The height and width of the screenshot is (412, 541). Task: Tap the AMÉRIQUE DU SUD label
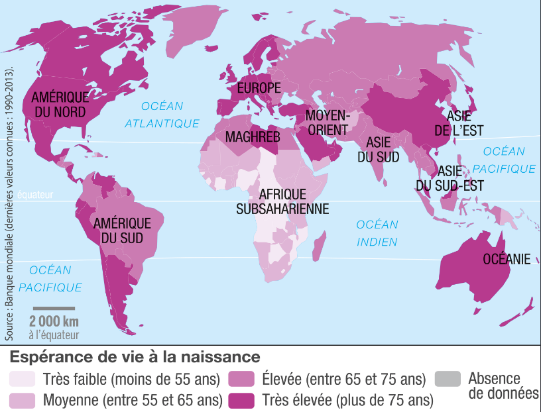point(122,230)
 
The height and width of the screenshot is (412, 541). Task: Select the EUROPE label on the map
point(259,88)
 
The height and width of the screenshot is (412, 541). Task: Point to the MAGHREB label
point(253,137)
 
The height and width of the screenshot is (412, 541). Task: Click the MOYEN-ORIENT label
point(327,123)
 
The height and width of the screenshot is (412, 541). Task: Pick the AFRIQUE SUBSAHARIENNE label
point(283,201)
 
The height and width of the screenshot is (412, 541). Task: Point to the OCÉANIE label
point(507,259)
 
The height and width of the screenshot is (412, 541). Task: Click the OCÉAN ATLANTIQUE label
point(162,115)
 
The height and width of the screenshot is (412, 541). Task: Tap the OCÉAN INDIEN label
point(377,233)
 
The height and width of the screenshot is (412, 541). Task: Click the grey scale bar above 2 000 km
point(54,308)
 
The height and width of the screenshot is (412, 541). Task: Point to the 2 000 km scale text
point(54,321)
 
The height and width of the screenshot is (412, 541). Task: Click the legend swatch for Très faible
point(22,379)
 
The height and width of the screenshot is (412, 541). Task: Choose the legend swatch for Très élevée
point(242,400)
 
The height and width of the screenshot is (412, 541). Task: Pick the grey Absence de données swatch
point(448,379)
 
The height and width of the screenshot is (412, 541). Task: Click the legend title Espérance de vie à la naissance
point(134,356)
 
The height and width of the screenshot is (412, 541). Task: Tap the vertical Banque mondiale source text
point(9,192)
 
